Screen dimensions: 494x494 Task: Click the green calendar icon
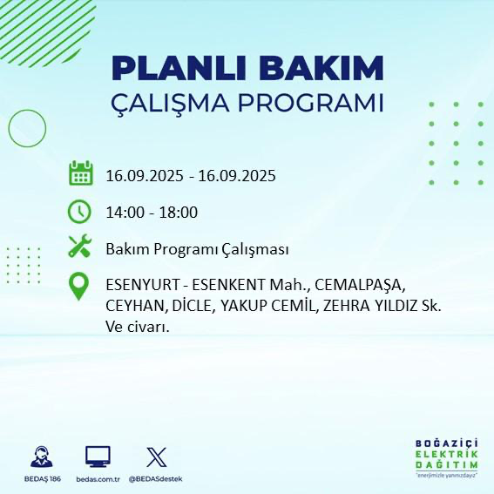point(80,173)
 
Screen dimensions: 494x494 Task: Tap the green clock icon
point(80,212)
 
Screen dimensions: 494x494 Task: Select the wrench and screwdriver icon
point(80,248)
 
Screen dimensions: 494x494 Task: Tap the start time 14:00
point(125,213)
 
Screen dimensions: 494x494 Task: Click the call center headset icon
point(40,457)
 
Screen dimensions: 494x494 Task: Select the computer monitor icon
point(98,457)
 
